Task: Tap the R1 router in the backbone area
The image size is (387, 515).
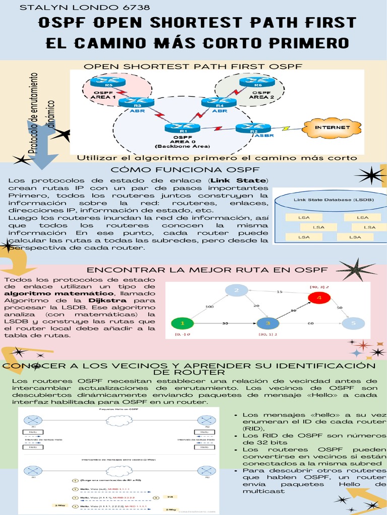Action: click(x=175, y=127)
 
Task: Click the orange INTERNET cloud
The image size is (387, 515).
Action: click(x=332, y=127)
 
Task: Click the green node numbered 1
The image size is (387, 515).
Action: click(x=182, y=323)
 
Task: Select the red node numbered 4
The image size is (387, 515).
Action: click(x=318, y=299)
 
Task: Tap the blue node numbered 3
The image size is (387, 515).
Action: click(x=269, y=323)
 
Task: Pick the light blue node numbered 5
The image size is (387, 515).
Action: click(x=353, y=323)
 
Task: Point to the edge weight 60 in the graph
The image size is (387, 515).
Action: click(x=311, y=323)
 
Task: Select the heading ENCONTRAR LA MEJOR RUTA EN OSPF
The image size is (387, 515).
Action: click(x=207, y=270)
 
